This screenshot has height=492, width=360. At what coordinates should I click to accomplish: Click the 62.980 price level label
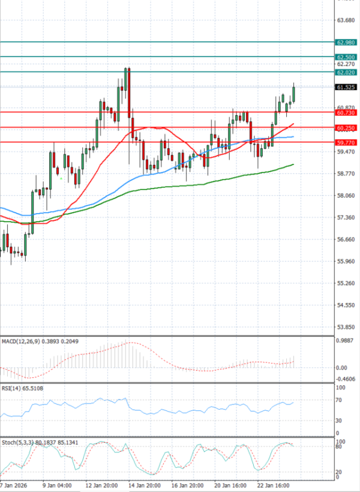click(x=347, y=43)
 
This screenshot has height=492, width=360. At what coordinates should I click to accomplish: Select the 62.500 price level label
click(x=347, y=57)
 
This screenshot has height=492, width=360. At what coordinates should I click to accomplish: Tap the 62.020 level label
click(x=347, y=73)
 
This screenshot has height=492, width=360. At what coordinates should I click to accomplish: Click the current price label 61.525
click(x=347, y=87)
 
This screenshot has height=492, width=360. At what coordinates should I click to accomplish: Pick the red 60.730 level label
click(x=347, y=113)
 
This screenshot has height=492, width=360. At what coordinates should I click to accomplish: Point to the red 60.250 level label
click(x=347, y=128)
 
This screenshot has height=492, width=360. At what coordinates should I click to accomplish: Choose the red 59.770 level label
click(x=347, y=143)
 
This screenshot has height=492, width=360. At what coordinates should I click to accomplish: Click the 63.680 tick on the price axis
click(x=347, y=20)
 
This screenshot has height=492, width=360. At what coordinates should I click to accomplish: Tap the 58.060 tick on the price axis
click(x=347, y=196)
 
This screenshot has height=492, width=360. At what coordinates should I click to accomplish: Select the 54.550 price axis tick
click(x=347, y=305)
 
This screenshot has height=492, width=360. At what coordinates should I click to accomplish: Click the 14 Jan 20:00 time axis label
click(x=145, y=484)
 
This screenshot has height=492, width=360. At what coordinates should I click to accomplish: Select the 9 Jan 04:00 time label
click(x=58, y=484)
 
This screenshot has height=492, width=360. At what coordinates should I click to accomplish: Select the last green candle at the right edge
click(x=294, y=94)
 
